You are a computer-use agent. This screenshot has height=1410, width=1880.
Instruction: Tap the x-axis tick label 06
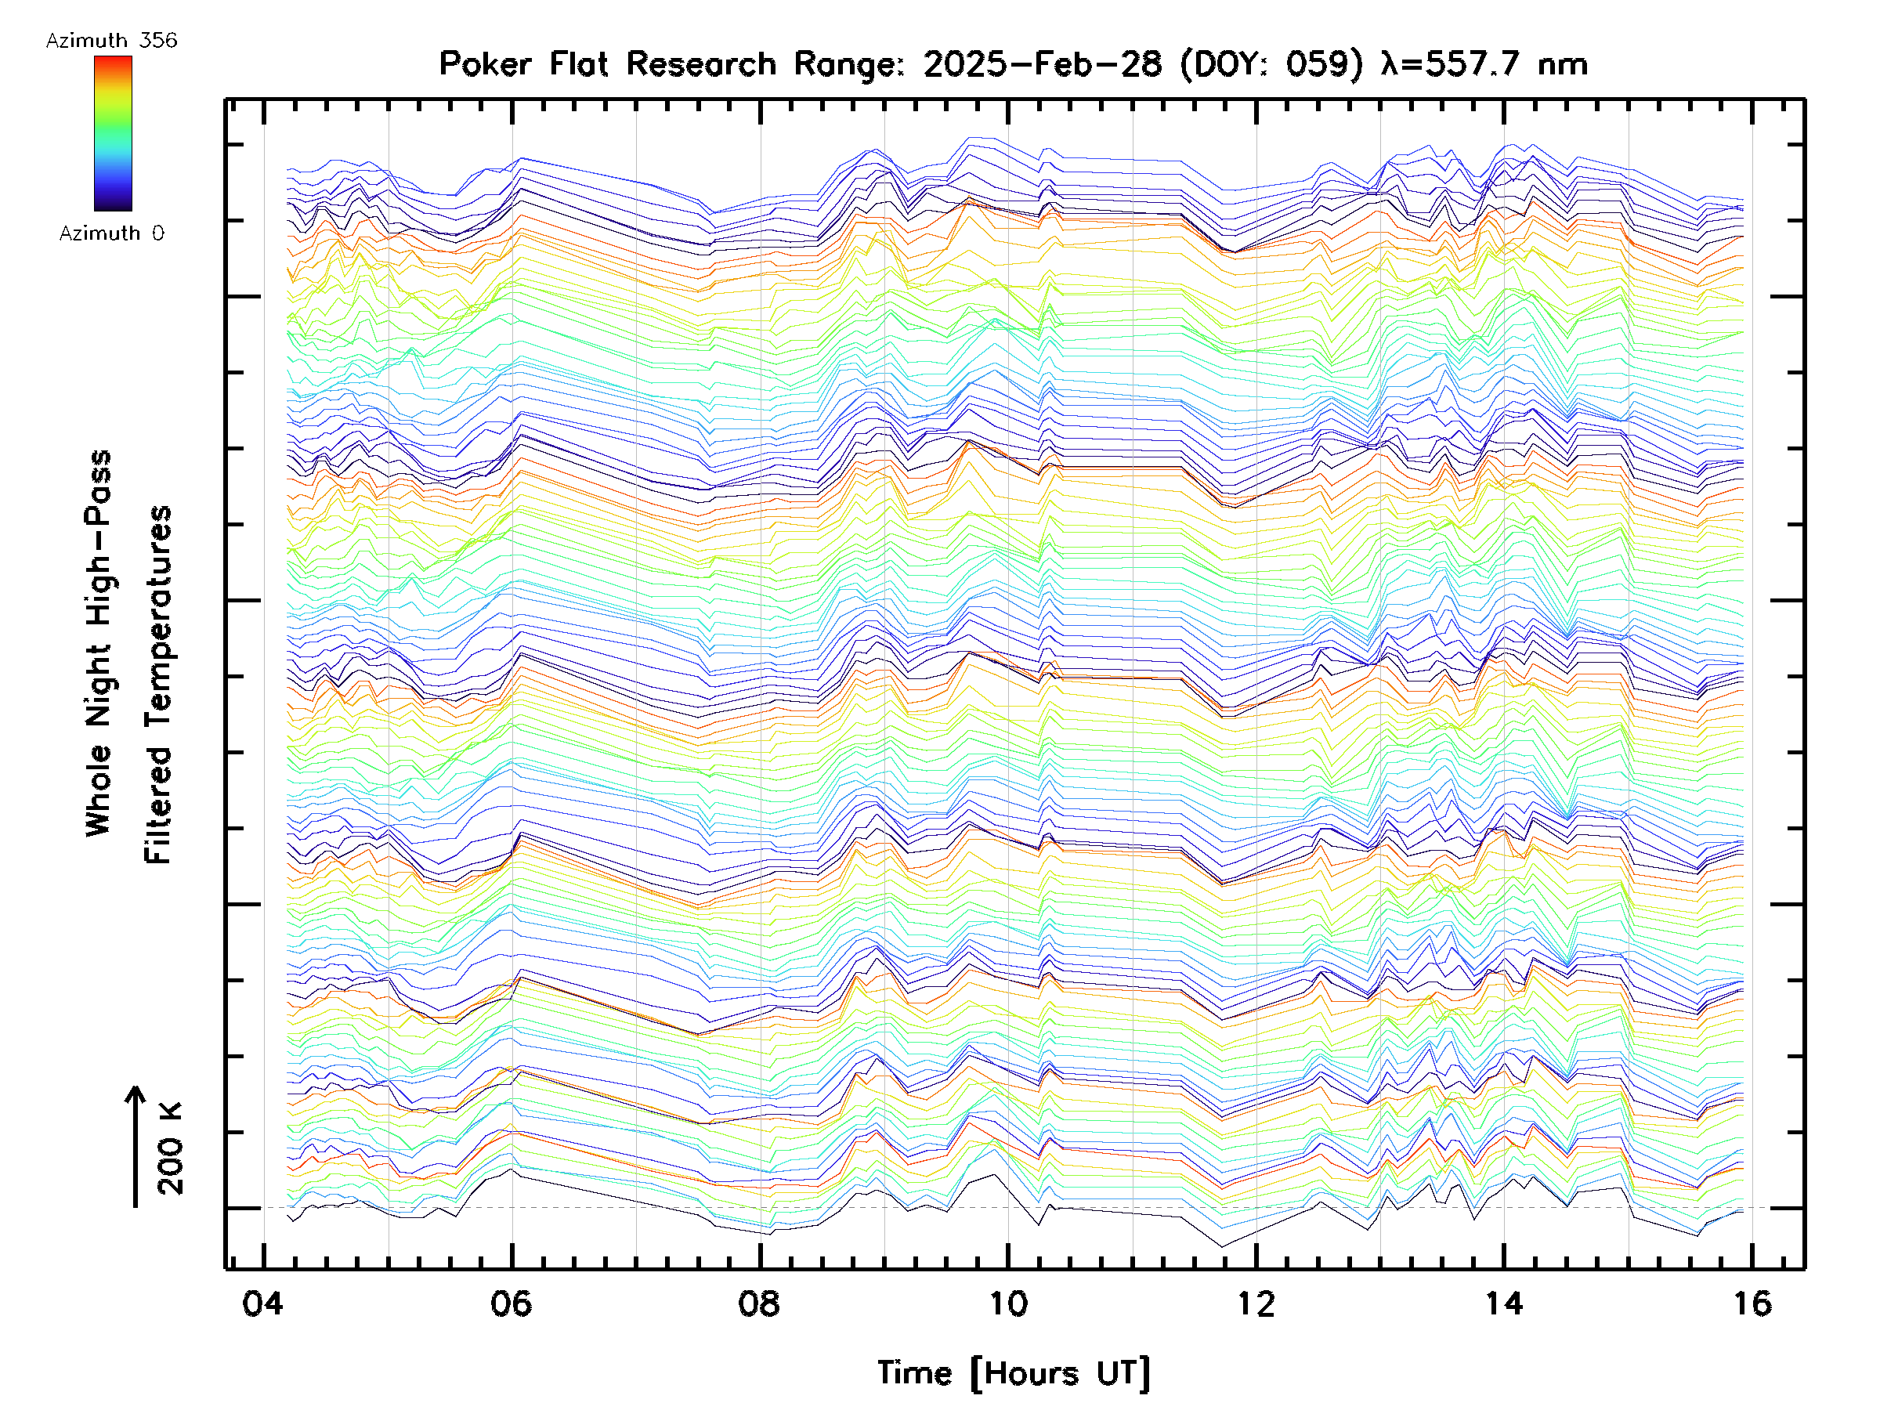click(x=511, y=1304)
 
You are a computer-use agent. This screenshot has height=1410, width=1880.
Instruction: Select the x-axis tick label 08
click(x=759, y=1304)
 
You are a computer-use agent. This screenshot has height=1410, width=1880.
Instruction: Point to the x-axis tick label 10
click(x=1008, y=1304)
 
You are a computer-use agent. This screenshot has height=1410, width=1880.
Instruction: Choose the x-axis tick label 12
click(x=1256, y=1304)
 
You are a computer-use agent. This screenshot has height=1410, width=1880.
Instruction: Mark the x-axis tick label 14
click(x=1504, y=1304)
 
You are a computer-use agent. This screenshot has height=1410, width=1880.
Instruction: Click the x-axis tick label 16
click(x=1752, y=1304)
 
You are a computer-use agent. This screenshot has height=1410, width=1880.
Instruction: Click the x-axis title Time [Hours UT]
click(x=1013, y=1374)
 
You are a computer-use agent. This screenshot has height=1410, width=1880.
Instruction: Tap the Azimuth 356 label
click(x=111, y=41)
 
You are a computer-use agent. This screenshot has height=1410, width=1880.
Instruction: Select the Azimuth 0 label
click(x=111, y=233)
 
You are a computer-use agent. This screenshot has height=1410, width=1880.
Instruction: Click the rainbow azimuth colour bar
click(x=113, y=133)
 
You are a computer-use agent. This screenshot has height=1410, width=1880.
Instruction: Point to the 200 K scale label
click(x=171, y=1149)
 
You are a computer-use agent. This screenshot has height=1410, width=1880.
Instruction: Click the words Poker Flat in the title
click(x=522, y=64)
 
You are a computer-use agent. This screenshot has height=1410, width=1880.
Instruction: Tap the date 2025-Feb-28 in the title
click(x=1042, y=64)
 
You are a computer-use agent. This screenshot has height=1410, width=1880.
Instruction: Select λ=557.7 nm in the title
click(x=1484, y=64)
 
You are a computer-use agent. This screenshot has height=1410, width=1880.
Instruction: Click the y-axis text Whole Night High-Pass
click(x=99, y=643)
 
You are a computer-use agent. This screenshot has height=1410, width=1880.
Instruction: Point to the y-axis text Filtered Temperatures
click(x=158, y=685)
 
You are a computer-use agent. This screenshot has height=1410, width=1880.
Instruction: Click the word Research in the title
click(x=701, y=64)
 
